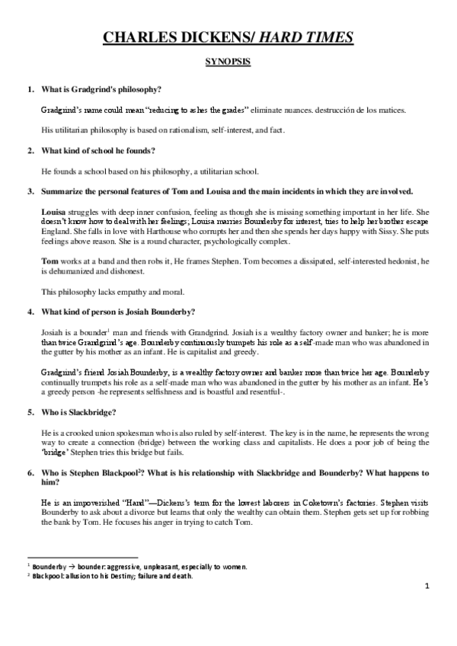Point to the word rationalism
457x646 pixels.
(x=174, y=130)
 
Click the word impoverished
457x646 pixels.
(x=97, y=501)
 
